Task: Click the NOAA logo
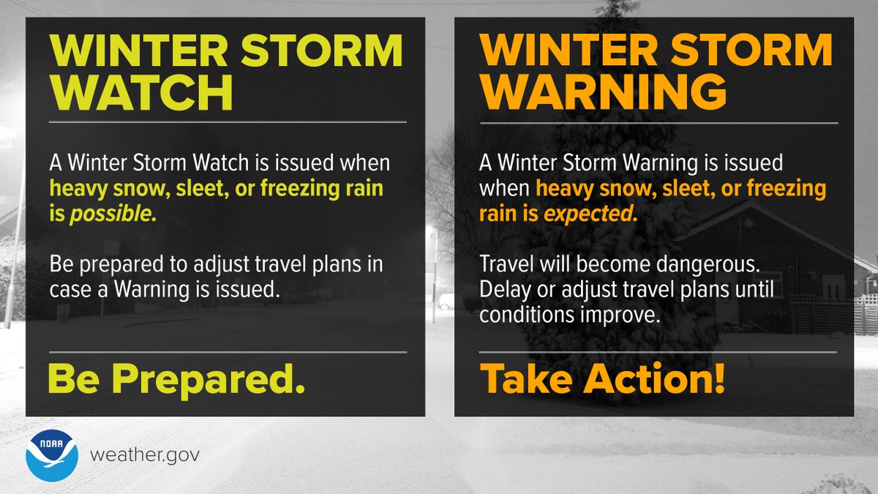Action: pyautogui.click(x=50, y=454)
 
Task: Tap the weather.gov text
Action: pyautogui.click(x=144, y=455)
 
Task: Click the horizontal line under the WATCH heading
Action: pyautogui.click(x=227, y=122)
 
